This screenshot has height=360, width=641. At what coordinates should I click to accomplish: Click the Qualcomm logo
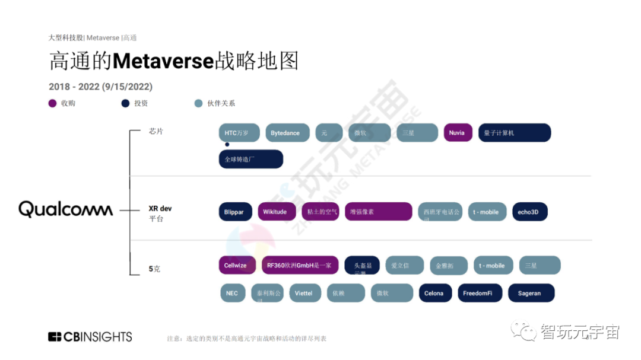[x=65, y=209]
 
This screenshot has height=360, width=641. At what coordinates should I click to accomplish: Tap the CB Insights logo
[x=90, y=337]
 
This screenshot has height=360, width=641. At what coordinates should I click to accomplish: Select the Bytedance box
[x=285, y=133]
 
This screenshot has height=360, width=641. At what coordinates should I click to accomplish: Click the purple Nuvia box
[x=457, y=133]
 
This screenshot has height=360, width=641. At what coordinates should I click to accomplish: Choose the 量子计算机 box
[x=515, y=133]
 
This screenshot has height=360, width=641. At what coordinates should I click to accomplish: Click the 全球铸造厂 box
[x=250, y=160]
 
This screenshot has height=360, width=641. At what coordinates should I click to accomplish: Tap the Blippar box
[x=234, y=212]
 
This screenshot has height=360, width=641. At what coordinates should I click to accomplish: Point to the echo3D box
[x=529, y=212]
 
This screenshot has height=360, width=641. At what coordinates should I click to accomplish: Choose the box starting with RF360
[x=300, y=265]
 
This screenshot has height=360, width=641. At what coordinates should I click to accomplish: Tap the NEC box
[x=232, y=293]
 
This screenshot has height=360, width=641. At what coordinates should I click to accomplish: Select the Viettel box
[x=303, y=293]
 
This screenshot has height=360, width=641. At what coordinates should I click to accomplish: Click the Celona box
[x=434, y=293]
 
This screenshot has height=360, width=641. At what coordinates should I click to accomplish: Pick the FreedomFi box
[x=479, y=293]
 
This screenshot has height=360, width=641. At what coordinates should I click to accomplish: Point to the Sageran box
[x=529, y=293]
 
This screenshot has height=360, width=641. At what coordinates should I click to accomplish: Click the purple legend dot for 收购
[x=52, y=103]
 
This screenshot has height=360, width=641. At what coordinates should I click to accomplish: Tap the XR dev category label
[x=160, y=209]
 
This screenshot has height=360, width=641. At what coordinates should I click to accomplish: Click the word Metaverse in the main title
[x=163, y=61]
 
